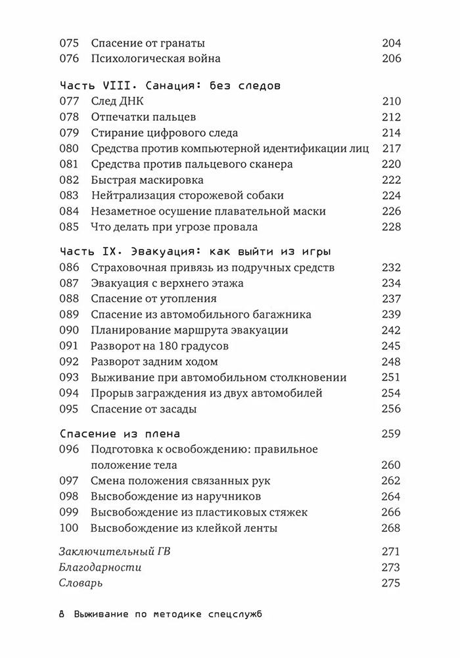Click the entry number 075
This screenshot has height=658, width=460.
pyautogui.click(x=69, y=43)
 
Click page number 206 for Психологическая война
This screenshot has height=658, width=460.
pyautogui.click(x=391, y=58)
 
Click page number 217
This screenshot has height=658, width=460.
pyautogui.click(x=391, y=148)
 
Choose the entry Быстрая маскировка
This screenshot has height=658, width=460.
pyautogui.click(x=147, y=180)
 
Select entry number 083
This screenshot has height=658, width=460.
pyautogui.click(x=69, y=196)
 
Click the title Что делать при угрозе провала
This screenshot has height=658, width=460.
pyautogui.click(x=174, y=227)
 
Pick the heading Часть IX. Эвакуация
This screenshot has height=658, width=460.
pyautogui.click(x=195, y=252)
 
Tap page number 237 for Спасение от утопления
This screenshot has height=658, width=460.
pyautogui.click(x=391, y=299)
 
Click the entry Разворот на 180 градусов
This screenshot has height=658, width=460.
pyautogui.click(x=170, y=346)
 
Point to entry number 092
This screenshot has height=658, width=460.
pyautogui.click(x=69, y=362)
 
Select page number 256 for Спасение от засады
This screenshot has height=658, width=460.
pyautogui.click(x=391, y=409)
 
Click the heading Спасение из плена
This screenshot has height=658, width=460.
pyautogui.click(x=120, y=434)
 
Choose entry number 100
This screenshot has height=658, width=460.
pyautogui.click(x=69, y=528)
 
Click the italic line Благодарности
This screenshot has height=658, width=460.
pyautogui.click(x=100, y=567)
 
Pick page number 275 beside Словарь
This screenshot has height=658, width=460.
pyautogui.click(x=391, y=583)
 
